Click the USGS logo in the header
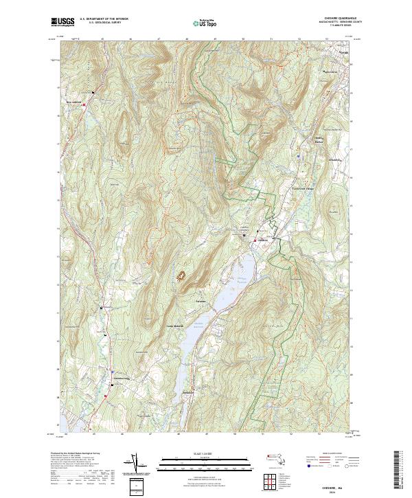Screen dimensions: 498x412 coord(62,22)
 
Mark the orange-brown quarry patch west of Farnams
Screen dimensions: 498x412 coord(182,276)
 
